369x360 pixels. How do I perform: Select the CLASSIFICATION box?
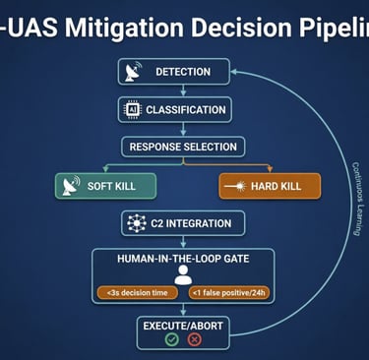click(x=175, y=109)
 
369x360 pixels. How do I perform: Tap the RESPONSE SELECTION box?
click(x=184, y=147)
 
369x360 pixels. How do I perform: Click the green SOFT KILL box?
click(x=95, y=186)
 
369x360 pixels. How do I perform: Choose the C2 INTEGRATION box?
click(x=183, y=223)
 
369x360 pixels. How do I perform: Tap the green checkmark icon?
click(x=172, y=339)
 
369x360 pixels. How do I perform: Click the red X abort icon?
click(x=194, y=339)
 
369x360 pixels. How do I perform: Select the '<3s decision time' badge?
click(x=134, y=292)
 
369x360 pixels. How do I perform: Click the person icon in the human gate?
click(x=182, y=275)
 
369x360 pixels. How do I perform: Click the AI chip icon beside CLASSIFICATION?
click(x=132, y=109)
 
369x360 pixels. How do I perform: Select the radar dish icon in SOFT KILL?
click(x=70, y=186)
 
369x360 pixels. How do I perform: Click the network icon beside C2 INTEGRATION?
click(x=137, y=223)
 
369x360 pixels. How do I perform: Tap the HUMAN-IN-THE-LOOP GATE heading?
click(x=183, y=258)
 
